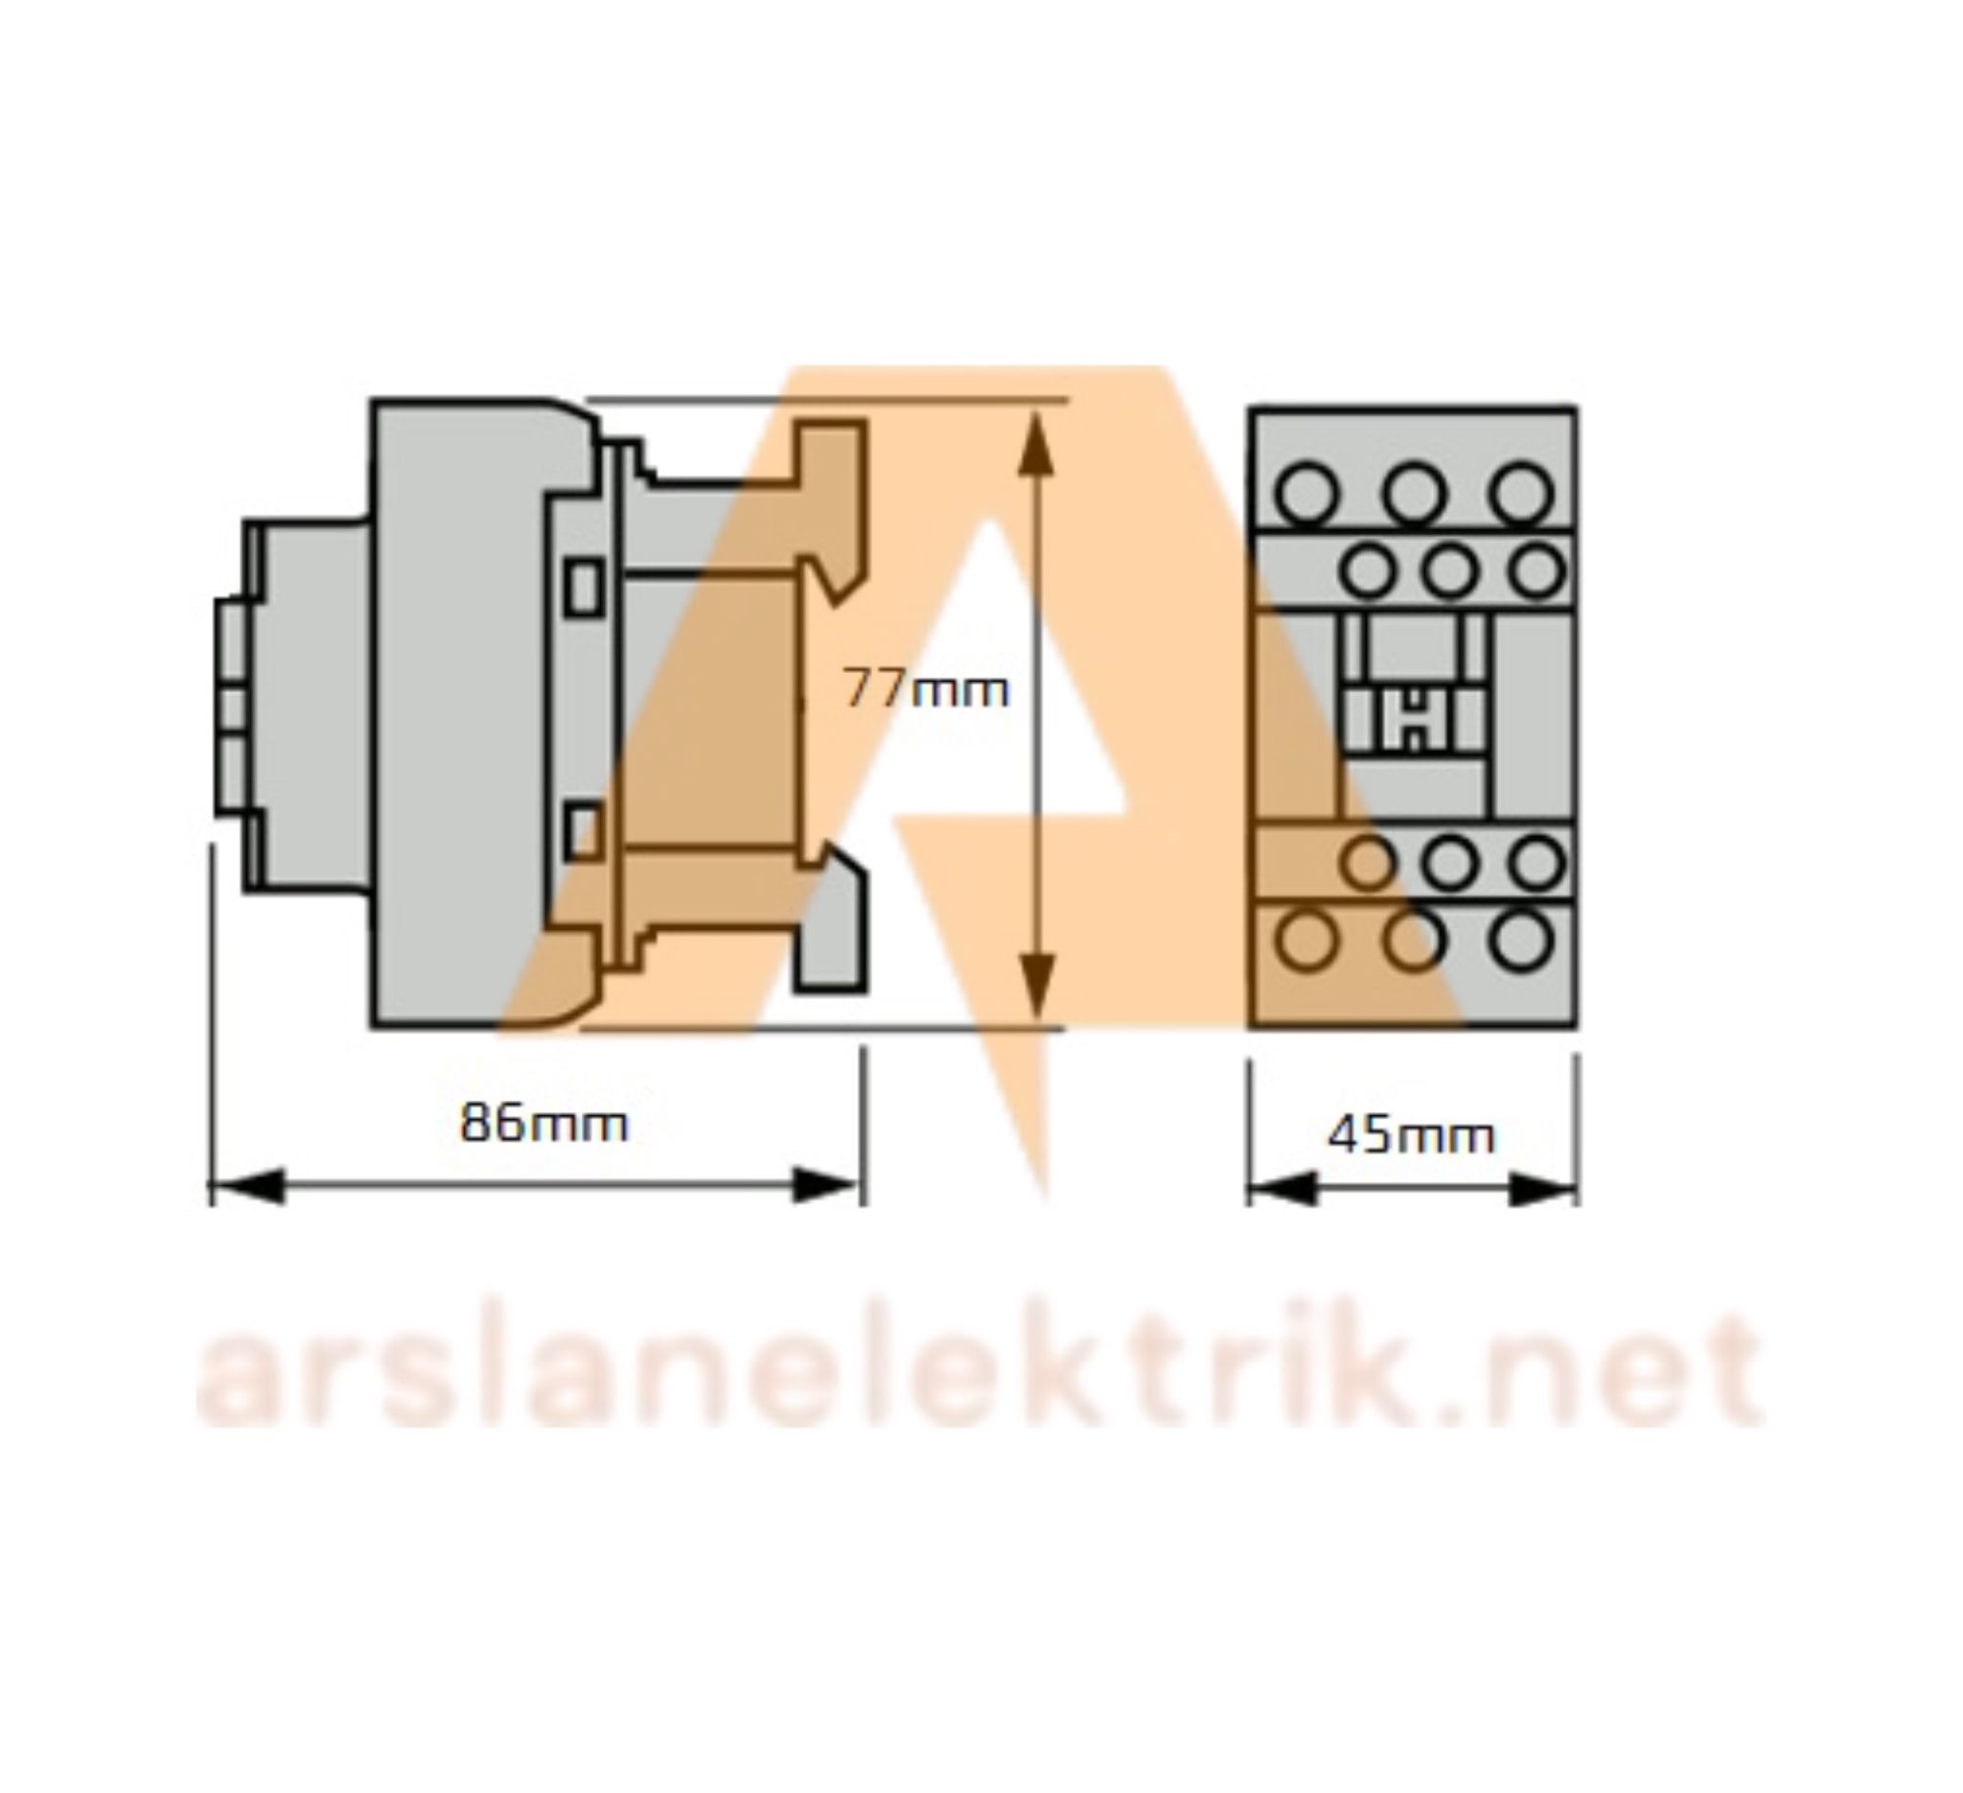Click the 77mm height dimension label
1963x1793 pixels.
pyautogui.click(x=925, y=690)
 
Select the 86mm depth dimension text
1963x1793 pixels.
pyautogui.click(x=543, y=1123)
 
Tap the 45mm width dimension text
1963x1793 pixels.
pyautogui.click(x=1410, y=1135)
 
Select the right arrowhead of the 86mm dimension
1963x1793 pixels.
pyautogui.click(x=825, y=1186)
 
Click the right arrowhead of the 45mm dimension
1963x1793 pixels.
pyautogui.click(x=1542, y=1189)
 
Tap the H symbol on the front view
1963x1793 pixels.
pyautogui.click(x=1413, y=721)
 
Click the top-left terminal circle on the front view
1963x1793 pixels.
pyautogui.click(x=1305, y=493)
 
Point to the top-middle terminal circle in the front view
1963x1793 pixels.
pyautogui.click(x=1414, y=493)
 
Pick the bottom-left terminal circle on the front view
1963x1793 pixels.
pyautogui.click(x=1305, y=941)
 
